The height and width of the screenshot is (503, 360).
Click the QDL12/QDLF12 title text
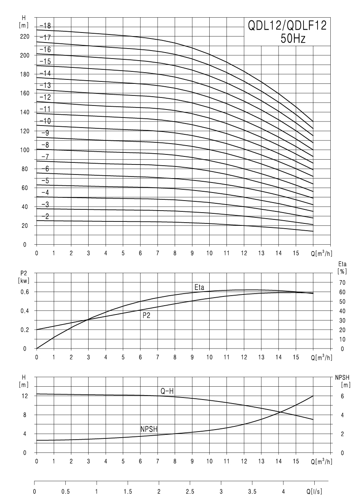pos(287,27)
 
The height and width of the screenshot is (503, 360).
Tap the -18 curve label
pos(45,26)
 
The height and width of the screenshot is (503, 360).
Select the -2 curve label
pos(45,217)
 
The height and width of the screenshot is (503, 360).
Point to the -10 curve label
pos(45,121)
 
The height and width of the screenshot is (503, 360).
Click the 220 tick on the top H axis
pos(25,37)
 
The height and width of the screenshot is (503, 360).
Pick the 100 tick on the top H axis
pos(25,150)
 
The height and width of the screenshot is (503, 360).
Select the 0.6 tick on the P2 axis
pos(25,292)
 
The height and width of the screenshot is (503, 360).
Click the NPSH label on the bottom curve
pos(149,429)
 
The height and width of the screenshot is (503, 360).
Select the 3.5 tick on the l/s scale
pos(252,491)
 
